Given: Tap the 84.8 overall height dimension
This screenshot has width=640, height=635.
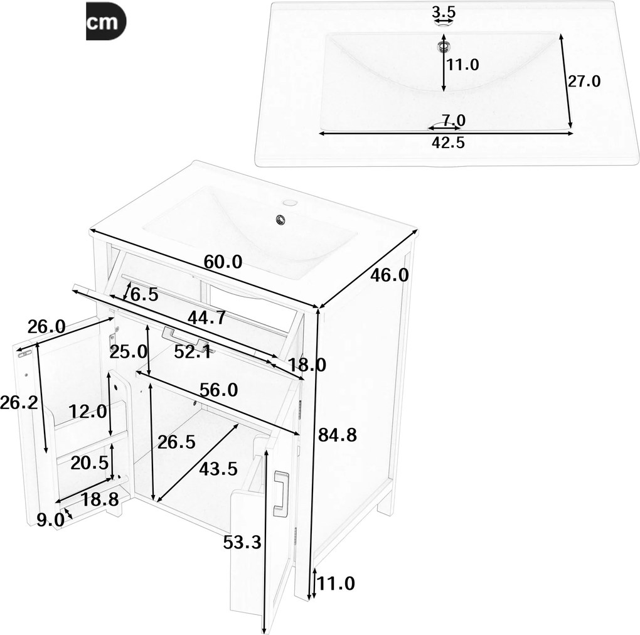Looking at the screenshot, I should tap(338, 434).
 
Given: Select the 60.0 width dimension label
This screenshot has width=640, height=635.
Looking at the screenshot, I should tap(222, 262).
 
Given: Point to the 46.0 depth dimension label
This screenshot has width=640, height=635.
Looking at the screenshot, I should tap(390, 275).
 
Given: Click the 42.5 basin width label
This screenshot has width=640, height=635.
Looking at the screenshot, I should tap(447, 142).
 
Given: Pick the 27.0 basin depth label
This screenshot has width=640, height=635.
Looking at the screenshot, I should tap(584, 81).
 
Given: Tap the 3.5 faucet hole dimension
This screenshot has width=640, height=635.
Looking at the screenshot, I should tap(444, 11).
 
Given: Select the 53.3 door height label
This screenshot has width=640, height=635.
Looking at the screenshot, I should tap(242, 542).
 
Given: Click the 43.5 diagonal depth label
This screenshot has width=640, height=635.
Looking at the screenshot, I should tap(218, 467).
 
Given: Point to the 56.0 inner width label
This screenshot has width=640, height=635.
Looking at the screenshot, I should tap(219, 390).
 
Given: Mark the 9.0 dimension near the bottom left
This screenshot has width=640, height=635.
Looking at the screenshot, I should tap(50, 519).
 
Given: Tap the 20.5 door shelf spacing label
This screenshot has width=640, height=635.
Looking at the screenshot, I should tap(88, 463).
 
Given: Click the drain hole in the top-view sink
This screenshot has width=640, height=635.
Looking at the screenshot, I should tap(444, 45).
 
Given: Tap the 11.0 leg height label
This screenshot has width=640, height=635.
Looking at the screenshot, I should tap(336, 584).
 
